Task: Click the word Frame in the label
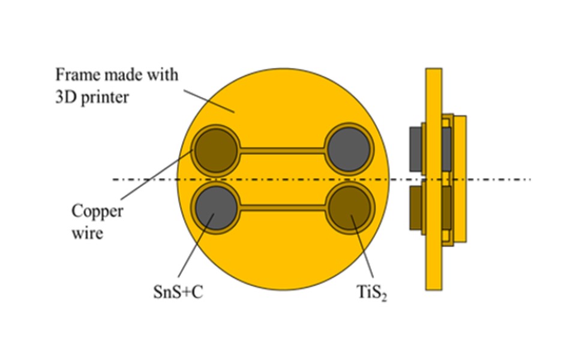78,75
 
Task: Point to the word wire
87,233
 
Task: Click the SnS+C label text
178,292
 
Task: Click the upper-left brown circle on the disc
216,150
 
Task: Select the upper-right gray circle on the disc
348,149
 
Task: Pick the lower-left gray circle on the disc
217,208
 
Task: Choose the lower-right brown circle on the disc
349,208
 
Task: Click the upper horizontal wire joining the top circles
282,150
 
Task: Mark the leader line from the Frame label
209,101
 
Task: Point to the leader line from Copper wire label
156,175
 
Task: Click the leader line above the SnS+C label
196,245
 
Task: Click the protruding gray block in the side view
415,149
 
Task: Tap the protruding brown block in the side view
415,208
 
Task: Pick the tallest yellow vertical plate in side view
434,179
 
